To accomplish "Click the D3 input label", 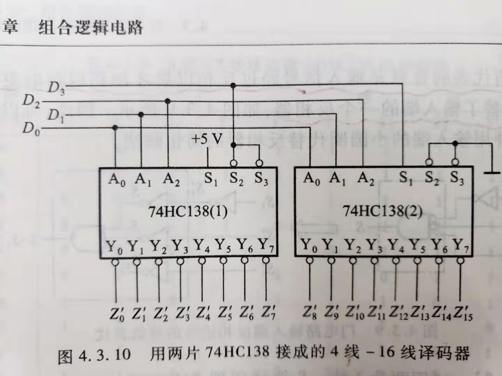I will coord(56,88).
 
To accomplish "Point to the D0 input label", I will coord(31,129).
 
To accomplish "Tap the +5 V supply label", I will coord(207,139).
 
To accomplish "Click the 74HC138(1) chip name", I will coord(188,211).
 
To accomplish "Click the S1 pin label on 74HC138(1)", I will coord(211,179).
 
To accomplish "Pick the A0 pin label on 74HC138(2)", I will coord(312,179).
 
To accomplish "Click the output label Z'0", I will coord(117,313).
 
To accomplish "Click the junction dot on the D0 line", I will coord(115,128).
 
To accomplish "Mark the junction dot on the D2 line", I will coord(168,101).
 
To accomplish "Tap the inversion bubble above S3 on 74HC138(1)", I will coord(259,163).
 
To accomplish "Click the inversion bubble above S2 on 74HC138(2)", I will coord(429,162).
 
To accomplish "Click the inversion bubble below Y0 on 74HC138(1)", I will coord(115,262).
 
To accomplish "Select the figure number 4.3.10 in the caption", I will coord(104,355).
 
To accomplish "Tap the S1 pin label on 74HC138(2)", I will coord(405,178).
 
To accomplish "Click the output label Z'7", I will coord(268,312).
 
